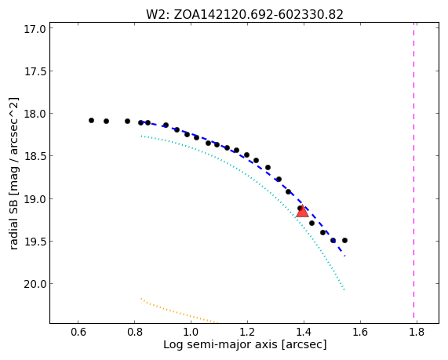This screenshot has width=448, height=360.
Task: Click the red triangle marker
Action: tap(302, 212)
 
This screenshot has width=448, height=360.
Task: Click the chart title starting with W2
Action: tap(245, 14)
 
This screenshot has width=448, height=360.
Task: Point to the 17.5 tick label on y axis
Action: tap(35, 71)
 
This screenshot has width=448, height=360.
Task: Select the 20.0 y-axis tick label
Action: tap(35, 284)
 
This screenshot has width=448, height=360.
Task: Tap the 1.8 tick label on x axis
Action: tap(417, 333)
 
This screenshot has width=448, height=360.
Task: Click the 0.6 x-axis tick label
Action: tap(78, 333)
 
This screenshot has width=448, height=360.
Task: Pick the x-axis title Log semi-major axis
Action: tap(245, 344)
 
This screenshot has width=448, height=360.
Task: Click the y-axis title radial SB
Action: tap(13, 174)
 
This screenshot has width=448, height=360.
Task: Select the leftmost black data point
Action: tap(92, 120)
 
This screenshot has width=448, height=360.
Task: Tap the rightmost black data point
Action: tap(345, 240)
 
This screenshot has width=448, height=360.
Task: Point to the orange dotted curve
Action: tap(179, 311)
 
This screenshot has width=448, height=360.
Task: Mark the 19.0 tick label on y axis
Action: tap(35, 199)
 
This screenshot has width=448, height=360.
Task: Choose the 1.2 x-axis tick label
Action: tap(247, 333)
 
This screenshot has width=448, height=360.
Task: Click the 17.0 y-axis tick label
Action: tap(35, 29)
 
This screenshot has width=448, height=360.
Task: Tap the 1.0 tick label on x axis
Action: tap(191, 333)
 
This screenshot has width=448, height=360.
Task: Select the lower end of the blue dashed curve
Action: tap(345, 256)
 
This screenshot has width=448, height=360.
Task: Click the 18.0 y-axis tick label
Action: tap(35, 114)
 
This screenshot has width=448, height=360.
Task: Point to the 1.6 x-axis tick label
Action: tap(360, 333)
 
